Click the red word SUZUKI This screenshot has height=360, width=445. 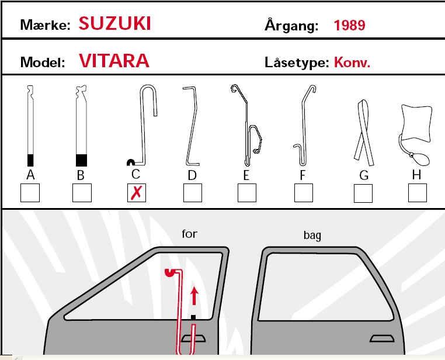pos(114,23)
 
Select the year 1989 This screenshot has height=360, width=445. pos(349,25)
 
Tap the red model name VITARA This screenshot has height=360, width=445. pos(114,60)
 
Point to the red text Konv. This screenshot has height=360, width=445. pos(352,62)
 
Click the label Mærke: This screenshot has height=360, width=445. pos(45,25)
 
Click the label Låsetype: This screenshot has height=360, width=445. pos(297,63)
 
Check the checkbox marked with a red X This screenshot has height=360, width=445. pos(137,193)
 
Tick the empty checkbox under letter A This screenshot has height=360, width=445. pos(30,193)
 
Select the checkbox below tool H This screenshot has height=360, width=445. pos(417,193)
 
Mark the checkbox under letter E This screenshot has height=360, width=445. pos(247,193)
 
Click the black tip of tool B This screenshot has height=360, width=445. pos(81,160)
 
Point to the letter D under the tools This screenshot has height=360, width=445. pos(192,175)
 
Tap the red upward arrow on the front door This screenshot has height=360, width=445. pos(194,296)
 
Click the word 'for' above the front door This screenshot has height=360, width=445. pos(189,234)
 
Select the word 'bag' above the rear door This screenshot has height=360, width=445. pos(312,236)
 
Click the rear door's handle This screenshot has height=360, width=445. pos(382,338)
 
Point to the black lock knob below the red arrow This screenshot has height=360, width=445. pos(193,317)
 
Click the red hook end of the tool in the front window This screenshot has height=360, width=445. pos(170,272)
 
